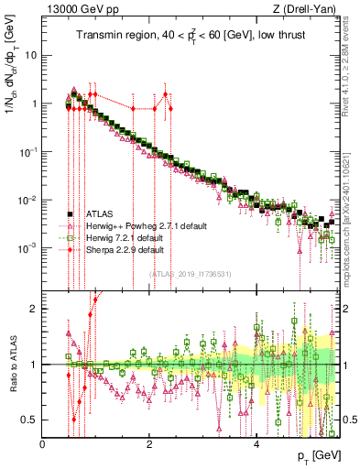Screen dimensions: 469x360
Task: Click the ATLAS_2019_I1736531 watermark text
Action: tap(191, 273)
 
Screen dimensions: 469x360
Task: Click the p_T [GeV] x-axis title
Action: tap(315, 455)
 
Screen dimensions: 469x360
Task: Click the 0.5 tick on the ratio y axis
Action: tap(29, 420)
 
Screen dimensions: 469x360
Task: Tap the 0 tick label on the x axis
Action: tap(43, 443)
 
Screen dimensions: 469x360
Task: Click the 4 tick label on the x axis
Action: tap(256, 443)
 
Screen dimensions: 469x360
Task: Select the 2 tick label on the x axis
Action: tap(149, 443)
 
